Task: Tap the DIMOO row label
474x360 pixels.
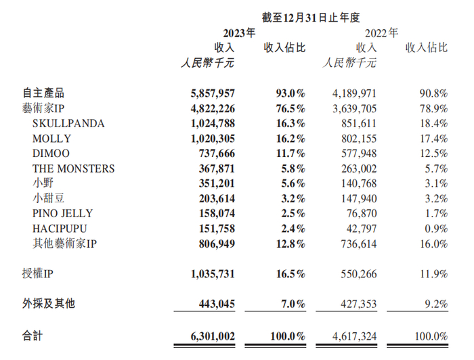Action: [51, 154]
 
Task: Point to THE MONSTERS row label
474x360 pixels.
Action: [74, 168]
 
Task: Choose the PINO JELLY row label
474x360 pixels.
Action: [62, 214]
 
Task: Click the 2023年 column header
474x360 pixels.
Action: [239, 32]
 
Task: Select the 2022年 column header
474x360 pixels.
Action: [382, 32]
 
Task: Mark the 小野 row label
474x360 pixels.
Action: [43, 183]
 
